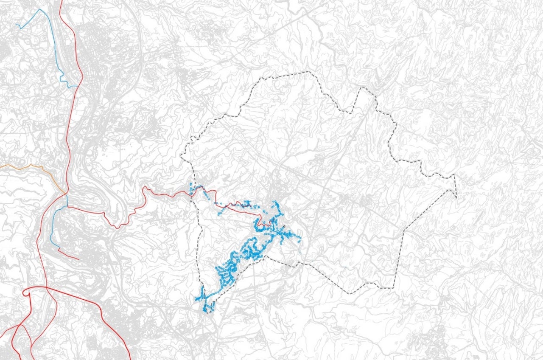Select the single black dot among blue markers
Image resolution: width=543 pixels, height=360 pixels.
284,226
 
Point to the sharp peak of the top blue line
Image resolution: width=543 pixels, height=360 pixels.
41,9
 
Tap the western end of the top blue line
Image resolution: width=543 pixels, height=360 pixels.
16,25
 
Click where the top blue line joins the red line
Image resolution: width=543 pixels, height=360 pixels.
78,87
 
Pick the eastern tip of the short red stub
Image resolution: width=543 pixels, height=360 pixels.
79,259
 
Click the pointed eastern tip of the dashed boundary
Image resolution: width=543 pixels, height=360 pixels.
456,198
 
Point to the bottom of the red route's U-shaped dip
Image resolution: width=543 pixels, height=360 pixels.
115,228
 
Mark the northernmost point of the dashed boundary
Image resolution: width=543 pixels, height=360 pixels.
312,72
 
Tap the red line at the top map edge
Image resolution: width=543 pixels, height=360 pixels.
62,1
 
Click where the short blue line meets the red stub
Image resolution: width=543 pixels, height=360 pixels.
58,250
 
